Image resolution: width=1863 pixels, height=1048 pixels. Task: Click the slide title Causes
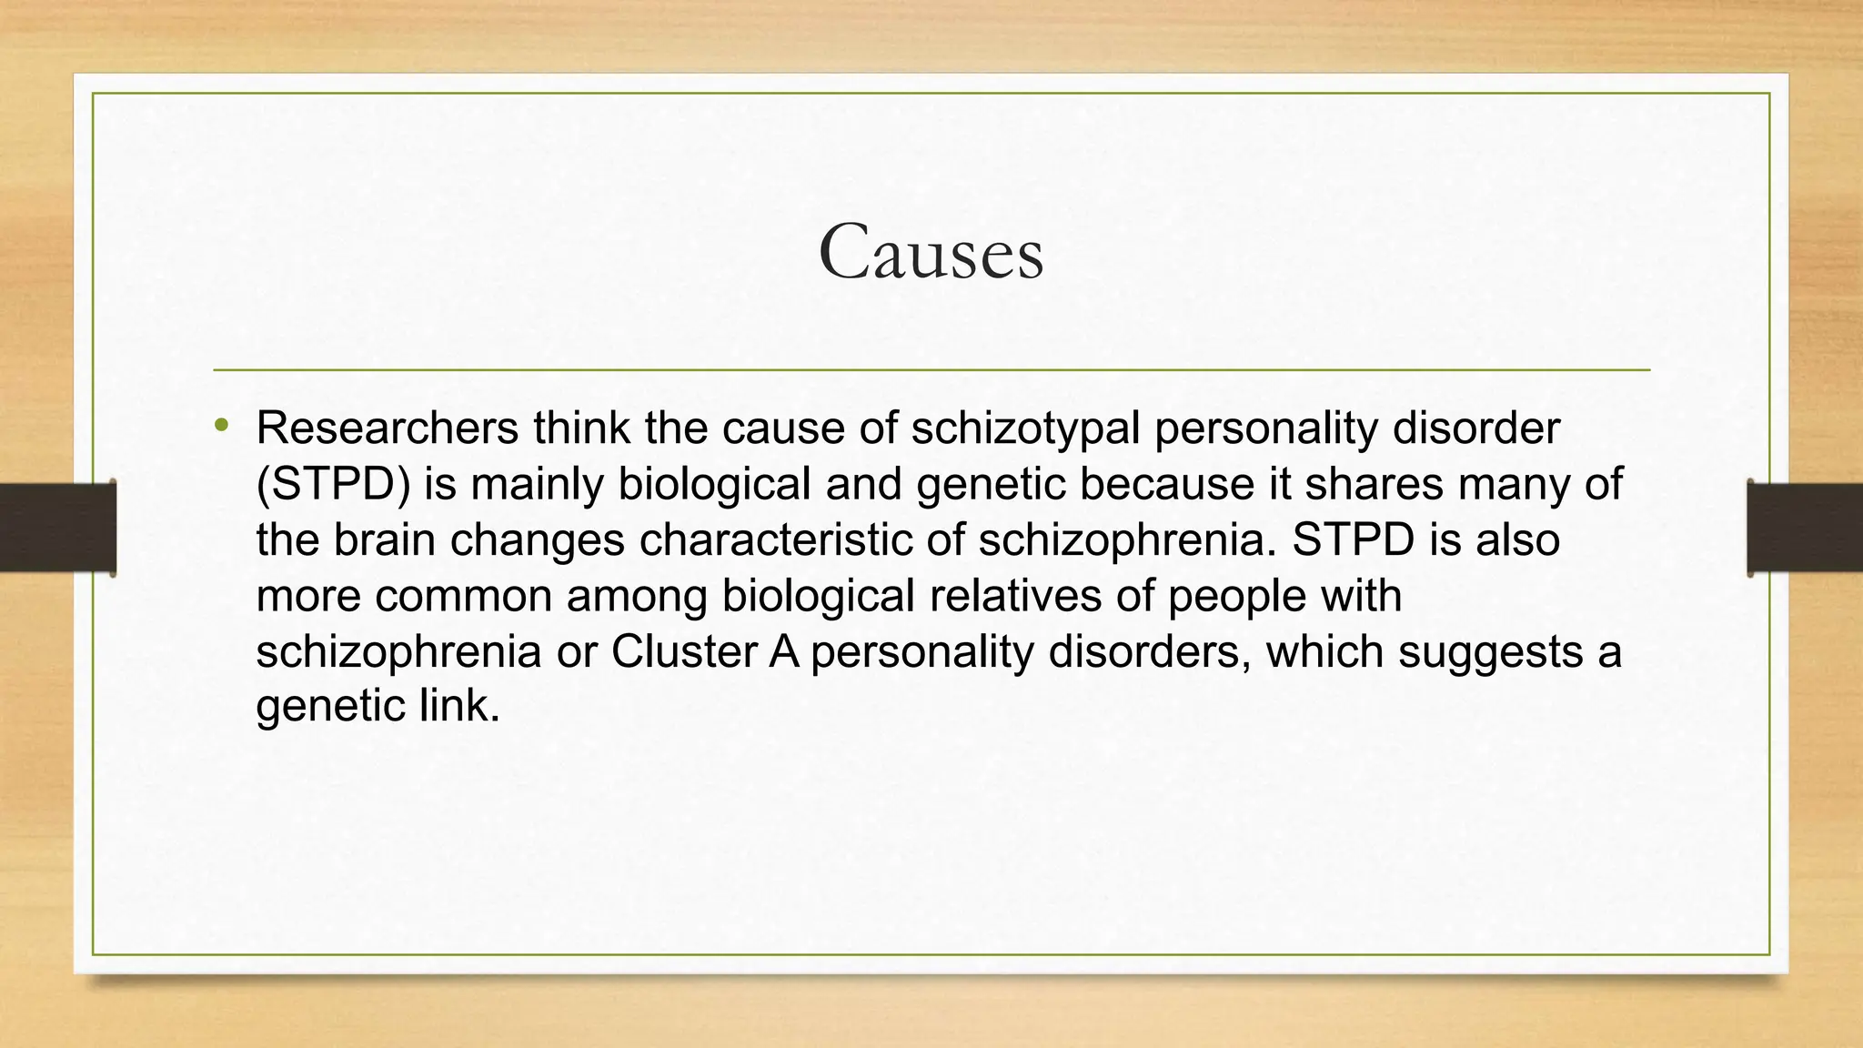coord(931,252)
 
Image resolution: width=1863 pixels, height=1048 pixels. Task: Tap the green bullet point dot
coord(221,425)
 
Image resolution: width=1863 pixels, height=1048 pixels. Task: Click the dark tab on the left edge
coord(57,528)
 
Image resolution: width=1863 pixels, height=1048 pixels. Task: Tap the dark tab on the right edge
coord(1805,528)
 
